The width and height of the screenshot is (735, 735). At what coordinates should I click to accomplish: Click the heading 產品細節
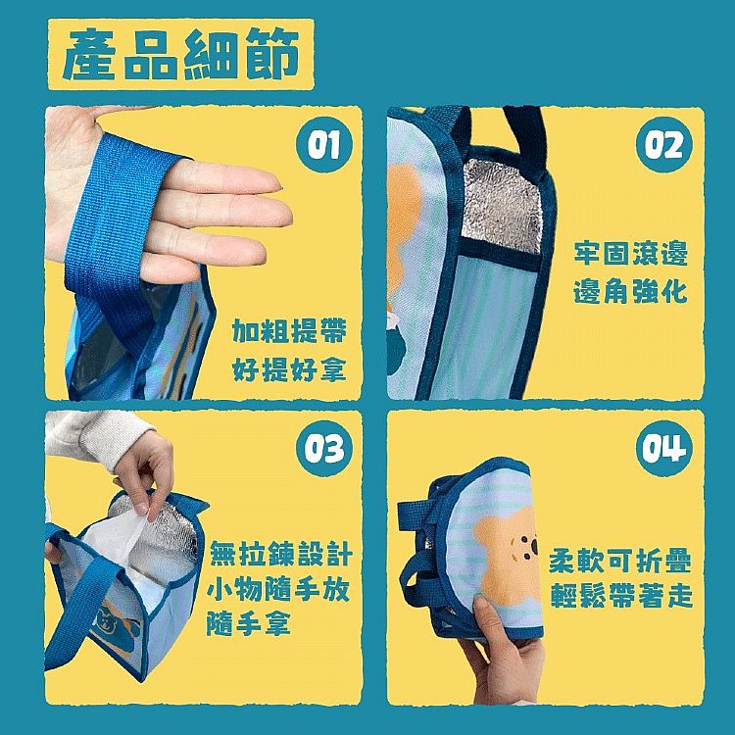(181, 54)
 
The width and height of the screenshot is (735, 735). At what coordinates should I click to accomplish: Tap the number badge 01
(323, 144)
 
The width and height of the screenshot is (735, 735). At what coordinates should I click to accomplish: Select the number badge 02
(664, 144)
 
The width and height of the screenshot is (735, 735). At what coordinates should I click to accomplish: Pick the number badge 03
(323, 448)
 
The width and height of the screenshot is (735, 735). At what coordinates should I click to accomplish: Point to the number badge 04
(664, 448)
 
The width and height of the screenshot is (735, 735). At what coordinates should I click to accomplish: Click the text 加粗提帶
(289, 331)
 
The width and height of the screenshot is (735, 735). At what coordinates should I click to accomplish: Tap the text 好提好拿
(289, 369)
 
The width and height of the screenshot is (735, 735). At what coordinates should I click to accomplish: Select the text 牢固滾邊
(630, 254)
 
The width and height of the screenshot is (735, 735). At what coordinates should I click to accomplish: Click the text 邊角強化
(630, 291)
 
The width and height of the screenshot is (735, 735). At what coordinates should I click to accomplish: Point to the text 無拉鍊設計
(280, 554)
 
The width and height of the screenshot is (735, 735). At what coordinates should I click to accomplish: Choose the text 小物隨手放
(278, 589)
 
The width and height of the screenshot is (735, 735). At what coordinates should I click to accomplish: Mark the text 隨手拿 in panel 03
(249, 624)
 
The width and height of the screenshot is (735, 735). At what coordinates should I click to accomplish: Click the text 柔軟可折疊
(619, 561)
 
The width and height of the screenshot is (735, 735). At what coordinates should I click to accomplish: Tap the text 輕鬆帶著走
(621, 596)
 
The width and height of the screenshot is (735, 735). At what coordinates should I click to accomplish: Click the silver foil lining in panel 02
(502, 206)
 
